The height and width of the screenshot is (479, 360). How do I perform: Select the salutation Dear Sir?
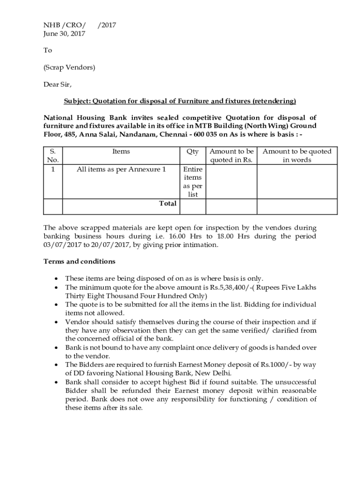point(58,84)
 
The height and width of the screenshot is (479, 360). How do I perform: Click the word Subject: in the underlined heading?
point(77,101)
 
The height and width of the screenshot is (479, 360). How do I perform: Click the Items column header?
point(121,151)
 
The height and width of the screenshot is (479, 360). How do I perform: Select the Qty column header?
point(193,151)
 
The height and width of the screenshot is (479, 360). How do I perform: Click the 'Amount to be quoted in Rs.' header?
point(231,155)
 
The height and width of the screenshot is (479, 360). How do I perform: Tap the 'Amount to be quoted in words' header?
point(297,155)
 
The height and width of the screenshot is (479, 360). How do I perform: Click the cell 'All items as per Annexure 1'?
point(121,169)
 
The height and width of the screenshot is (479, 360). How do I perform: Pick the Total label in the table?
point(168,203)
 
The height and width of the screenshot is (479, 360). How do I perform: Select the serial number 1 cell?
point(53,169)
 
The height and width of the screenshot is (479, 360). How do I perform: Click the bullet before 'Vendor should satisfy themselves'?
point(56,322)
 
